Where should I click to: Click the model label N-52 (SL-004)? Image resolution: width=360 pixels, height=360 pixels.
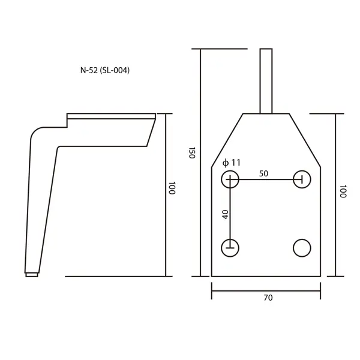click(x=105, y=70)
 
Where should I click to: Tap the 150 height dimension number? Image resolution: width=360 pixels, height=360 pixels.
click(x=192, y=152)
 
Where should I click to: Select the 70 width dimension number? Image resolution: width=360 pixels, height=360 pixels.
click(x=268, y=298)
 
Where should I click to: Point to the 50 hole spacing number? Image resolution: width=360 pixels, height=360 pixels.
click(x=263, y=173)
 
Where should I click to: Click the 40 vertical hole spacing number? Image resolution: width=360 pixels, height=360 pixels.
click(x=226, y=214)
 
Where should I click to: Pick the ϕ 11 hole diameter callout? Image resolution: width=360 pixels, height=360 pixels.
click(x=232, y=163)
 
